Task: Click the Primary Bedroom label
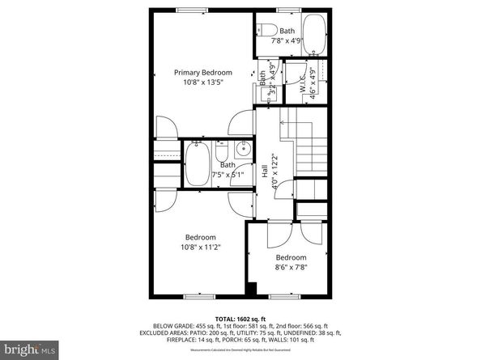pos(202,72)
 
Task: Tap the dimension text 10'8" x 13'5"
pos(202,81)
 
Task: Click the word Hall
pos(265,171)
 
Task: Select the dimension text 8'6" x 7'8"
pos(291,266)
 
